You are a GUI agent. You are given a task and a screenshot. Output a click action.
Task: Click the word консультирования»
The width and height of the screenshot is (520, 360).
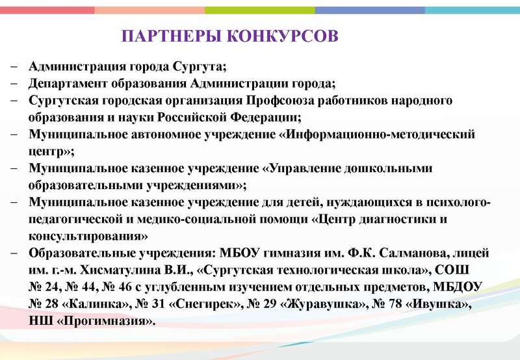(88, 236)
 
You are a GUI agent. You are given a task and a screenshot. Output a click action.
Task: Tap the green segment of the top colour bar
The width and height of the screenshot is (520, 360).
(260, 10)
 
